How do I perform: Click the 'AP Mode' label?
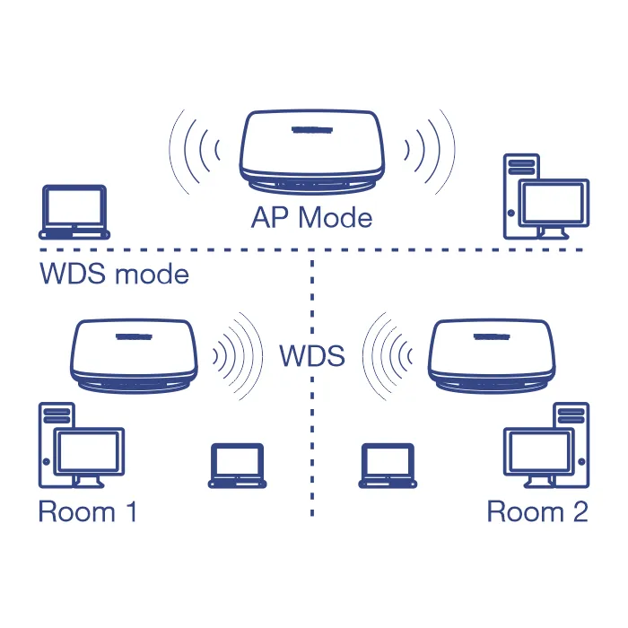point(311,217)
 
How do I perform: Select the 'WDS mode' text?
point(115,274)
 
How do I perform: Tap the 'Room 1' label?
point(88,512)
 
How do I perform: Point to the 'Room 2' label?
point(537,512)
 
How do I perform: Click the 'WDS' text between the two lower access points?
point(311,356)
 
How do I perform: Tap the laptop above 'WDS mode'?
point(75,211)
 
